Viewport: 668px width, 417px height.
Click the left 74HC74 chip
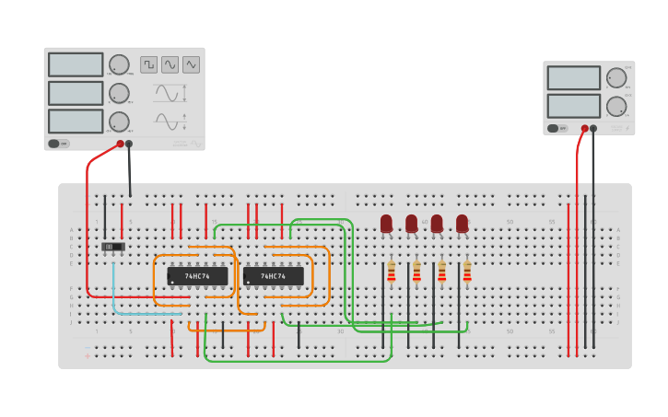point(197,276)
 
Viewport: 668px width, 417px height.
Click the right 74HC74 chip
point(273,276)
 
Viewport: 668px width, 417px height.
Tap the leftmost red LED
point(386,224)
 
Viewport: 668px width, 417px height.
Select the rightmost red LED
point(462,224)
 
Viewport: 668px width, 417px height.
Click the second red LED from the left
point(411,224)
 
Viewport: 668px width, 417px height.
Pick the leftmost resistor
point(392,272)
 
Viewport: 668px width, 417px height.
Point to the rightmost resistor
point(467,272)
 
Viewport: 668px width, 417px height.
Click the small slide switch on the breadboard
point(112,247)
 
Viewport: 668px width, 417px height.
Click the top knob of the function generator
point(119,64)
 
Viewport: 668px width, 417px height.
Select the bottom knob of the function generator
point(119,122)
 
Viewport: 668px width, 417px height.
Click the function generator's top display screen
point(76,64)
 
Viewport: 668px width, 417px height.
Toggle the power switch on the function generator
point(58,144)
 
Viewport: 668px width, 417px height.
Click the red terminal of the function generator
point(120,144)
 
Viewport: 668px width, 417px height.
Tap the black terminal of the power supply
point(593,129)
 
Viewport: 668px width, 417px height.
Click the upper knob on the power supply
point(616,77)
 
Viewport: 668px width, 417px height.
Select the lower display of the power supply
point(573,106)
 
